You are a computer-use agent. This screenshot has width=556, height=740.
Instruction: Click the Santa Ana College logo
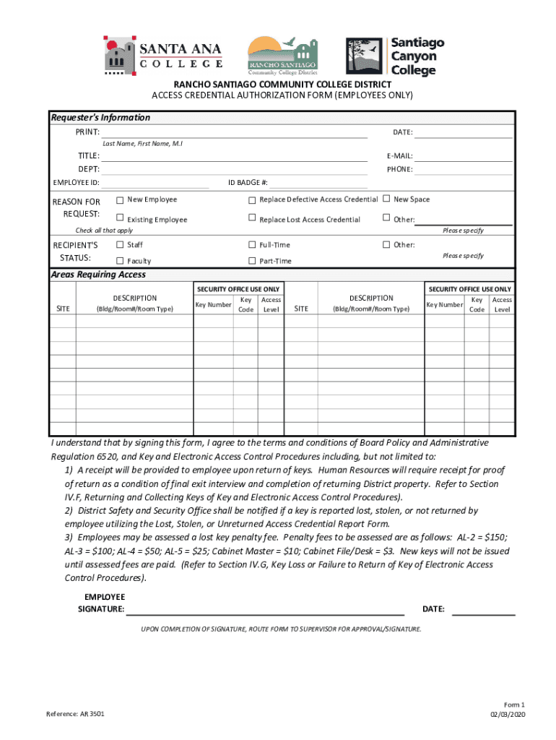click(162, 55)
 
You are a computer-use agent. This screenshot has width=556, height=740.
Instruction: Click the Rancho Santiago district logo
click(282, 55)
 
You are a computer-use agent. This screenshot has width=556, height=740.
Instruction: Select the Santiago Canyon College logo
click(395, 56)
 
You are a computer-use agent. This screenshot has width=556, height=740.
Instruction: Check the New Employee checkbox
click(120, 199)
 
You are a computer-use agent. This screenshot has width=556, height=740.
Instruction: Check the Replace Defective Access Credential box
click(252, 199)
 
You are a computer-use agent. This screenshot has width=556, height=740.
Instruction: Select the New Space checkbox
click(386, 199)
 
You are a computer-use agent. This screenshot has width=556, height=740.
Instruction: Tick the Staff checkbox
click(120, 245)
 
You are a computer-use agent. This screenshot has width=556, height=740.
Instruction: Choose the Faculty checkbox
click(120, 261)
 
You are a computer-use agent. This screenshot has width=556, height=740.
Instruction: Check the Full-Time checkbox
click(252, 245)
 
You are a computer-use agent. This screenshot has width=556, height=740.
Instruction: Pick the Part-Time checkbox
click(252, 261)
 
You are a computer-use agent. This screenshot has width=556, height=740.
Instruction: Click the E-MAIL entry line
click(463, 156)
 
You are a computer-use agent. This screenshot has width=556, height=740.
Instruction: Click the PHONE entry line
click(463, 170)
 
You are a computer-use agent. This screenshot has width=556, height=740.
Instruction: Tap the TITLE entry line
click(234, 156)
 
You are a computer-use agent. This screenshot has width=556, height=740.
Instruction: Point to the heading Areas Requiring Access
click(98, 275)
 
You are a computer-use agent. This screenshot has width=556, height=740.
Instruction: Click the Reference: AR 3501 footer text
click(75, 714)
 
